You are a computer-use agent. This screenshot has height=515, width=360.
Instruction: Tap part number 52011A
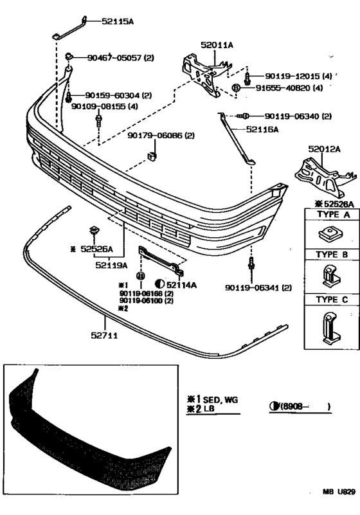coord(217,45)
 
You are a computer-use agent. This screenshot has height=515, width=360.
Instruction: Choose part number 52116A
coord(261,129)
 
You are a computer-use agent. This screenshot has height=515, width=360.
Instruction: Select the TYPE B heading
coord(331,255)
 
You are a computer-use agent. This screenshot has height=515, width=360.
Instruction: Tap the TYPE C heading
coord(331,300)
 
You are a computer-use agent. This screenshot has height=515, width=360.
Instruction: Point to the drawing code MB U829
coord(339,492)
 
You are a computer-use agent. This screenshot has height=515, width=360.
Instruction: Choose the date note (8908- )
coord(302,406)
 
